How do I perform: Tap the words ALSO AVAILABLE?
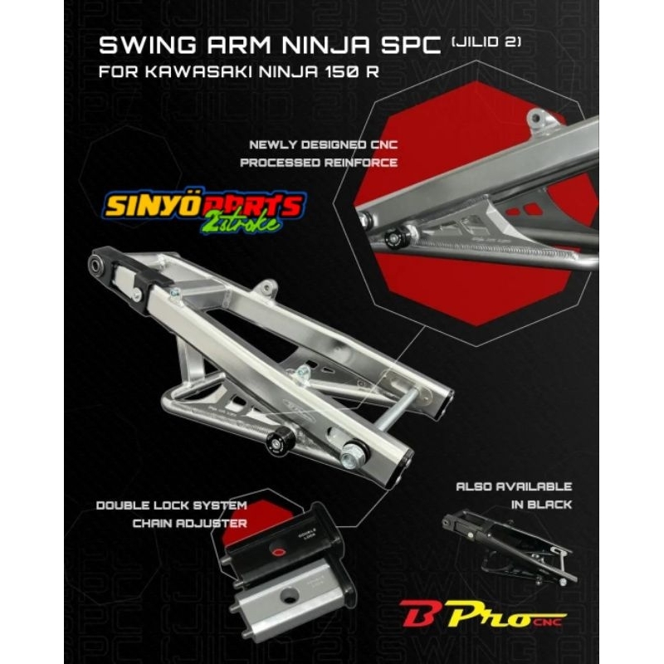[x=512, y=486]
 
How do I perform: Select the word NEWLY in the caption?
[x=267, y=144]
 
